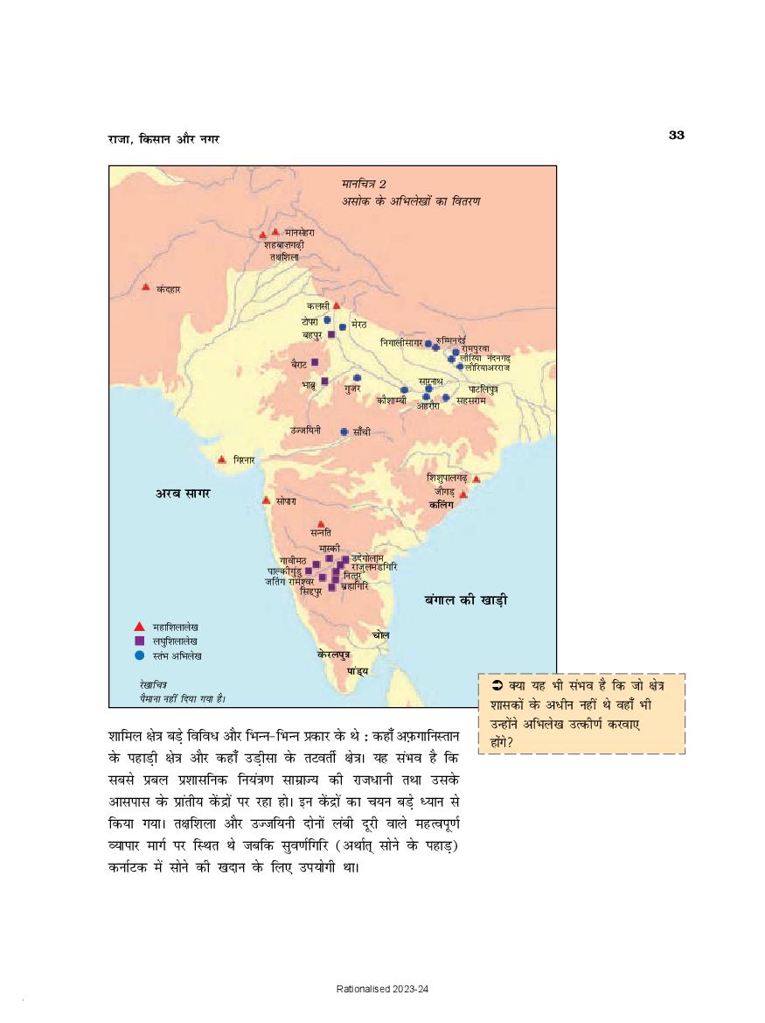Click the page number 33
tap(676, 134)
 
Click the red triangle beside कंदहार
tap(146, 286)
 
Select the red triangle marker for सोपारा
tap(266, 500)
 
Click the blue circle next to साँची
tap(344, 431)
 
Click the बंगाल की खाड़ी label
tap(466, 600)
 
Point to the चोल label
tap(380, 634)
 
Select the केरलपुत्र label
tap(334, 654)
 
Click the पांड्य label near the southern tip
tap(357, 670)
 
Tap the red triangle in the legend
tap(138, 627)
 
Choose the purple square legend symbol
tap(138, 641)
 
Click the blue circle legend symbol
tap(138, 655)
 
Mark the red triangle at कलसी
tap(337, 305)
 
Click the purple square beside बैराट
tap(315, 362)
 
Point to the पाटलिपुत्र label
tap(483, 388)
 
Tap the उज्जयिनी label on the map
tap(305, 431)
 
